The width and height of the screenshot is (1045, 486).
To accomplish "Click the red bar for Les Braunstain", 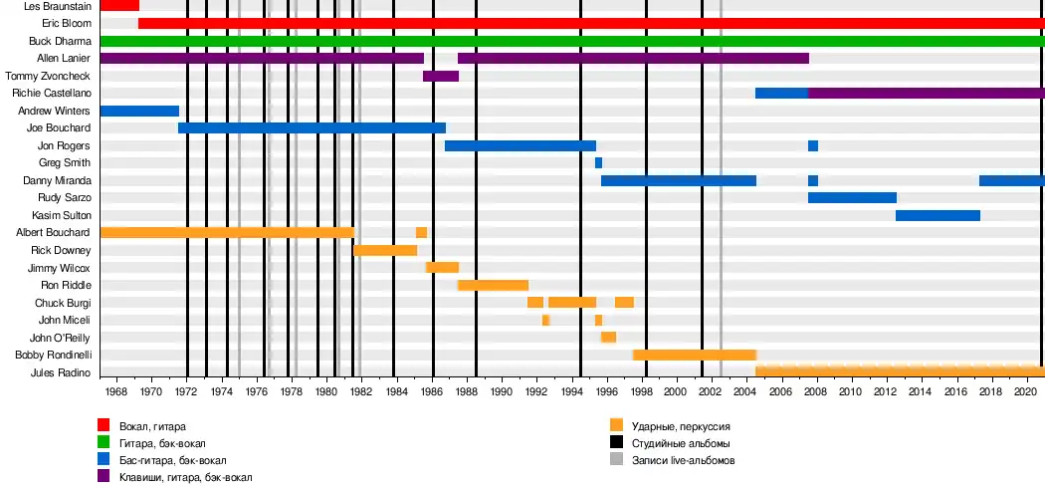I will click(119, 6).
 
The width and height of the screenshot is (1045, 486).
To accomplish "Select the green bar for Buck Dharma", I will click(572, 41).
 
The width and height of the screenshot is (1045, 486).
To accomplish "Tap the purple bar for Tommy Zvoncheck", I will click(441, 76).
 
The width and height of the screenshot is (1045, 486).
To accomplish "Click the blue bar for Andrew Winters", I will click(139, 111).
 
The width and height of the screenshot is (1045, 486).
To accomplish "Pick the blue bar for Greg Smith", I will click(598, 162).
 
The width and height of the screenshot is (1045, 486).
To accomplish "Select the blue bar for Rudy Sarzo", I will click(852, 197).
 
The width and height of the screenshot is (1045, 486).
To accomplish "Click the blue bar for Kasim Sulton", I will click(938, 215).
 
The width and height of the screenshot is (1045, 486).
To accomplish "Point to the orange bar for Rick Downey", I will click(385, 250).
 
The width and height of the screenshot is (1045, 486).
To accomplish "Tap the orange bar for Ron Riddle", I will click(493, 285).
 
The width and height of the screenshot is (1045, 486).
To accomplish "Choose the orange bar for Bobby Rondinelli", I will click(695, 355).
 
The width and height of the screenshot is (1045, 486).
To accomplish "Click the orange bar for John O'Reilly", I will click(608, 337).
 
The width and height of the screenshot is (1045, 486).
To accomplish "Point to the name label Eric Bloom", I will click(67, 23).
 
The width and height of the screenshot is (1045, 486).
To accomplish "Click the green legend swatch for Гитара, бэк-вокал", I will click(104, 442).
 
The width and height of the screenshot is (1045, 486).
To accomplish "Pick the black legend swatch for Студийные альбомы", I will click(617, 442).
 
